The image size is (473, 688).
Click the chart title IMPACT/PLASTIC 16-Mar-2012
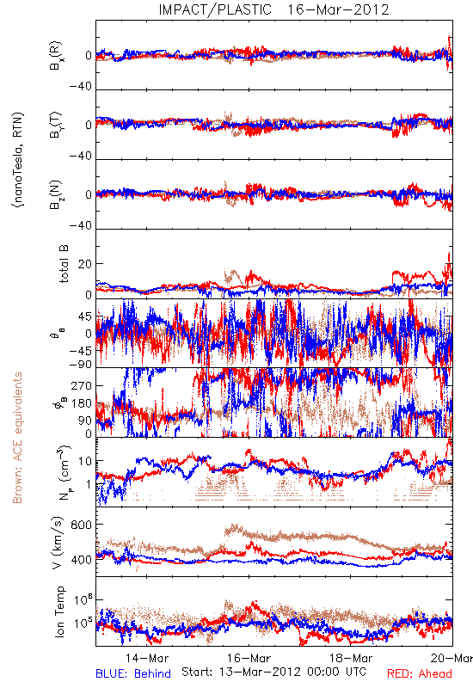[273, 9]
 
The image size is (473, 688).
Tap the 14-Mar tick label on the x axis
[147, 658]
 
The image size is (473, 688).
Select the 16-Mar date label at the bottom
[249, 658]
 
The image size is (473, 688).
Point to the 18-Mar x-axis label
[351, 658]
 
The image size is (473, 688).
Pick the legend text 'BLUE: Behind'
[133, 673]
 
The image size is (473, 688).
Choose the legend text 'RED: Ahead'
[420, 673]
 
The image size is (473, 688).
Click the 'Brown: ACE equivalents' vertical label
[17, 438]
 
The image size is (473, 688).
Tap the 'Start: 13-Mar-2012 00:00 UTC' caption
[273, 672]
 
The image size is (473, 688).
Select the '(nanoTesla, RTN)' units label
[18, 160]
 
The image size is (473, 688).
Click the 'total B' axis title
[64, 264]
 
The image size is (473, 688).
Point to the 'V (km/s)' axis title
[58, 543]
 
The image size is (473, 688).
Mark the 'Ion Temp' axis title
[59, 611]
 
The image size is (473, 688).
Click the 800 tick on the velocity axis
[81, 525]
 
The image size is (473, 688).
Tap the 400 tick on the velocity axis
[81, 560]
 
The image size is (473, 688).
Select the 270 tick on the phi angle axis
[81, 385]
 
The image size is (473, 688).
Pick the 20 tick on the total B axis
[85, 264]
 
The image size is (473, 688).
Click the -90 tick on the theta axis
[80, 364]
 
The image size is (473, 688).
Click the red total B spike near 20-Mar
[448, 263]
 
